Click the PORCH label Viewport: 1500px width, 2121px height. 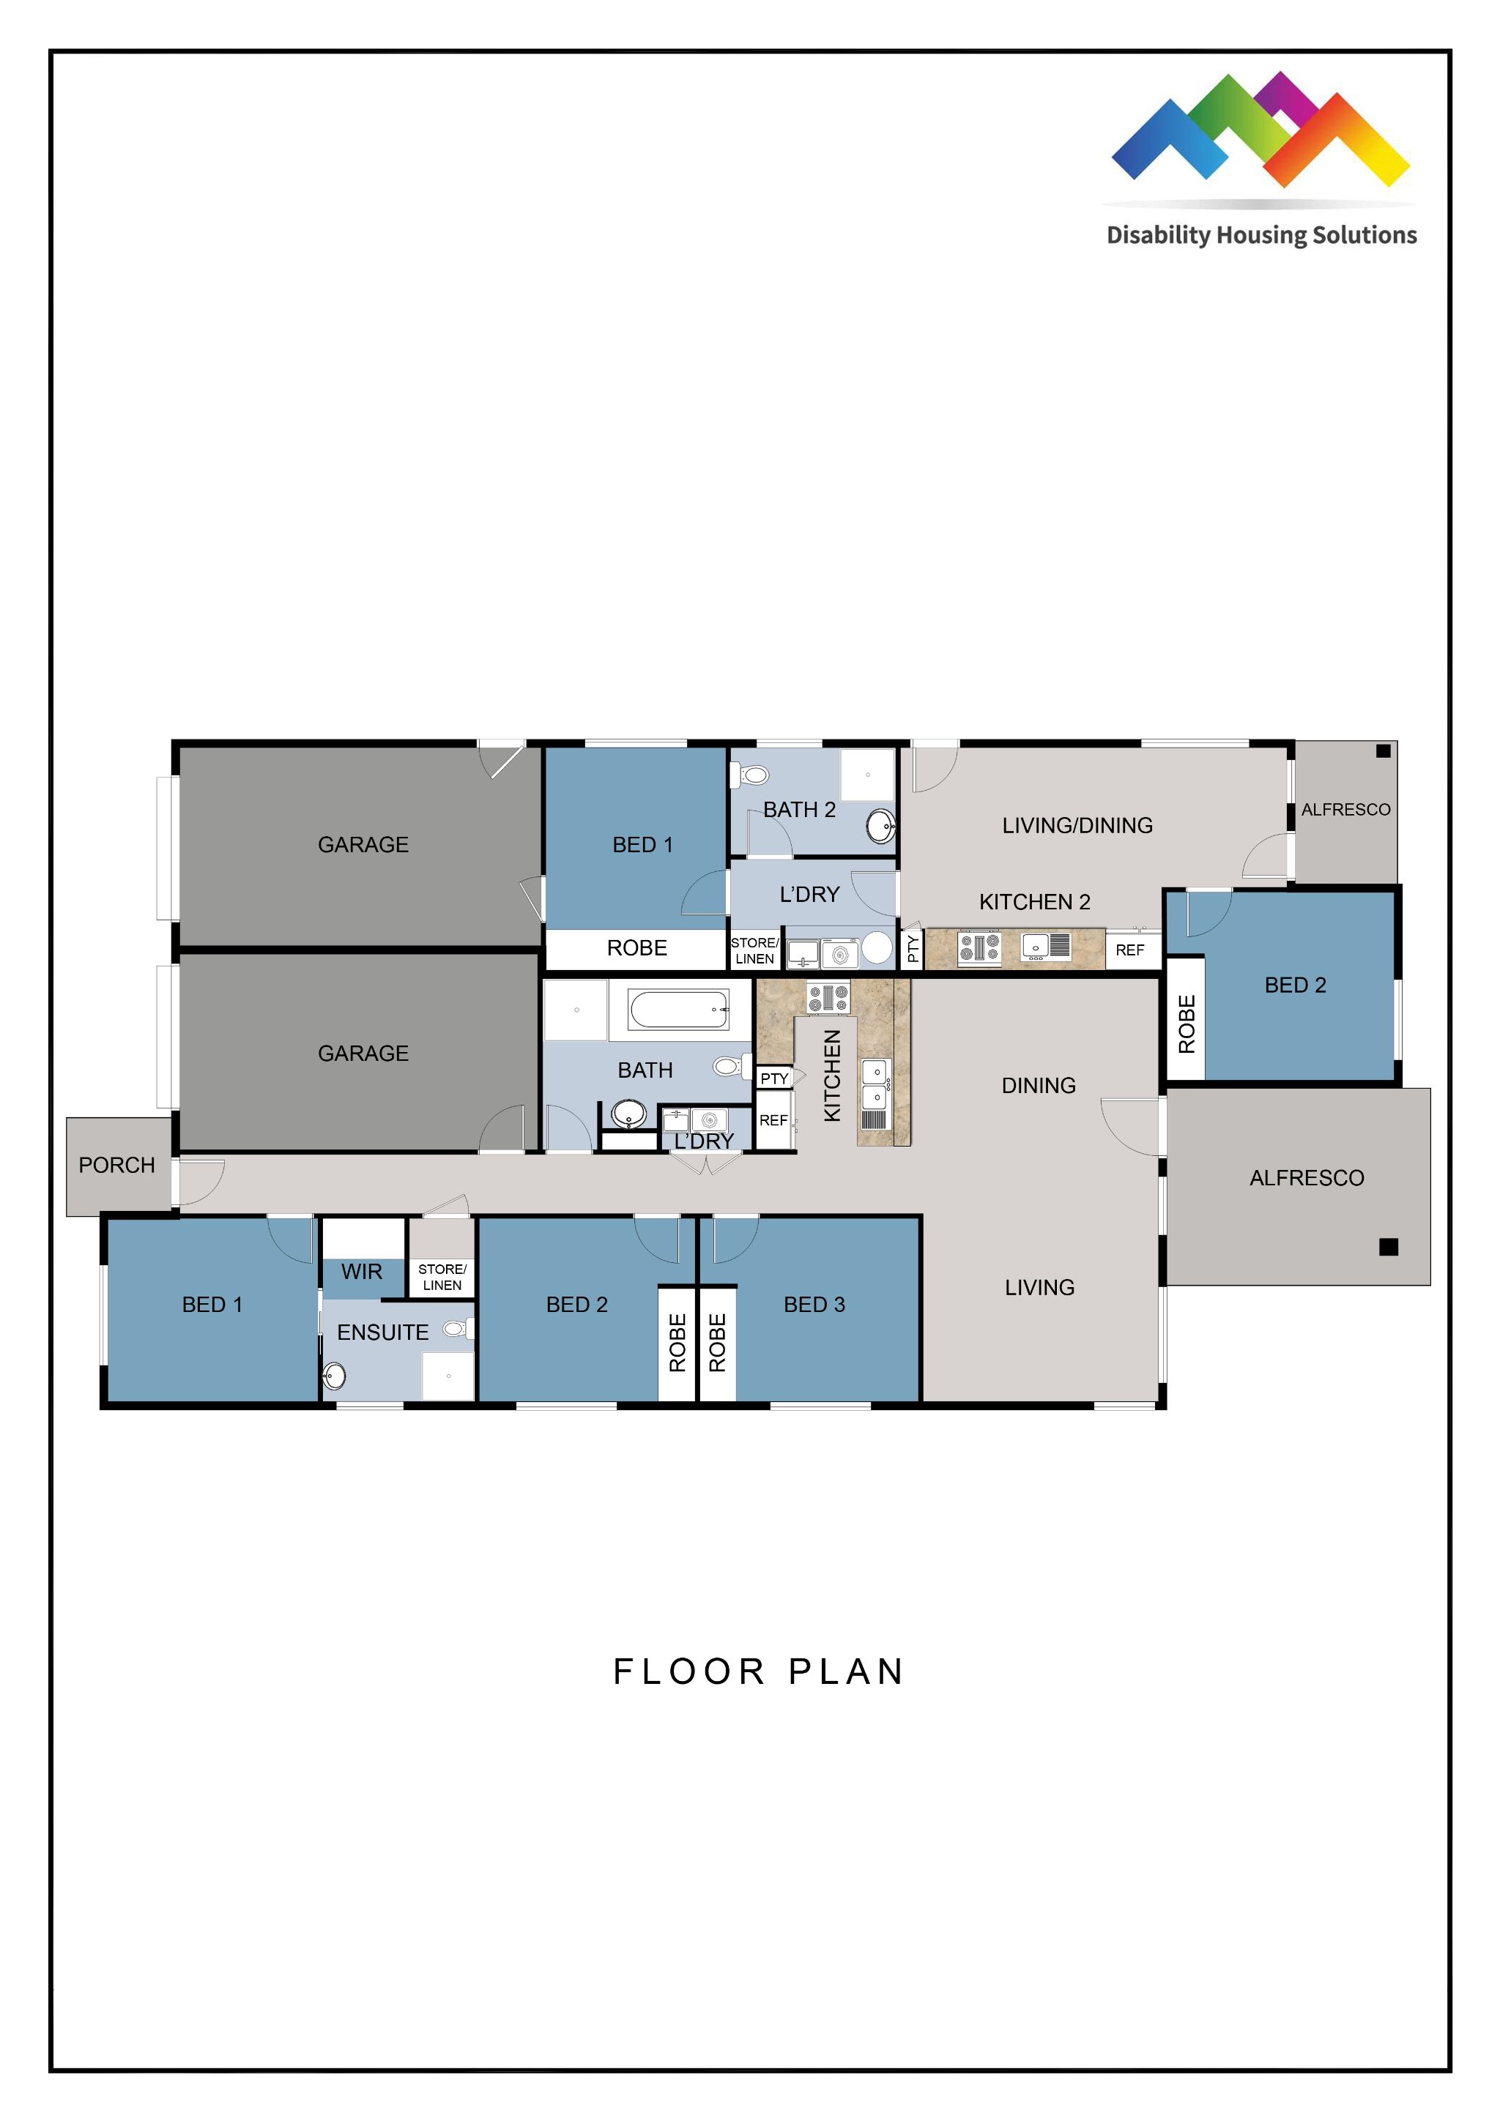pos(116,1165)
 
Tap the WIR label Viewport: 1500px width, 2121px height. pos(361,1272)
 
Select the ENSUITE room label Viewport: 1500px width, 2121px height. pos(382,1332)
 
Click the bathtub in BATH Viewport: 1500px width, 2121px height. pos(678,1009)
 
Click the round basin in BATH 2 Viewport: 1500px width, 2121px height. pos(881,825)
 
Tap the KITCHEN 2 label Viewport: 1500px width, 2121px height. pos(1034,901)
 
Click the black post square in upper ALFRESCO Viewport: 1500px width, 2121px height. pos(1383,751)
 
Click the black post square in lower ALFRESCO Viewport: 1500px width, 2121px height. pos(1388,1247)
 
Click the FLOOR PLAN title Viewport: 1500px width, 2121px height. pos(758,1671)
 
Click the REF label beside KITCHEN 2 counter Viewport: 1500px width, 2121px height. pos(1129,950)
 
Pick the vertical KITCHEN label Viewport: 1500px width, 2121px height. pos(832,1076)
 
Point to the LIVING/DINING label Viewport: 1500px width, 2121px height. pos(1077,825)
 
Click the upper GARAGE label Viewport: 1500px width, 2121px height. pos(363,844)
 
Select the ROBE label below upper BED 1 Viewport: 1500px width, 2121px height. pos(636,948)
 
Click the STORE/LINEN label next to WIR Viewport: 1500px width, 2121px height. pos(442,1277)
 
